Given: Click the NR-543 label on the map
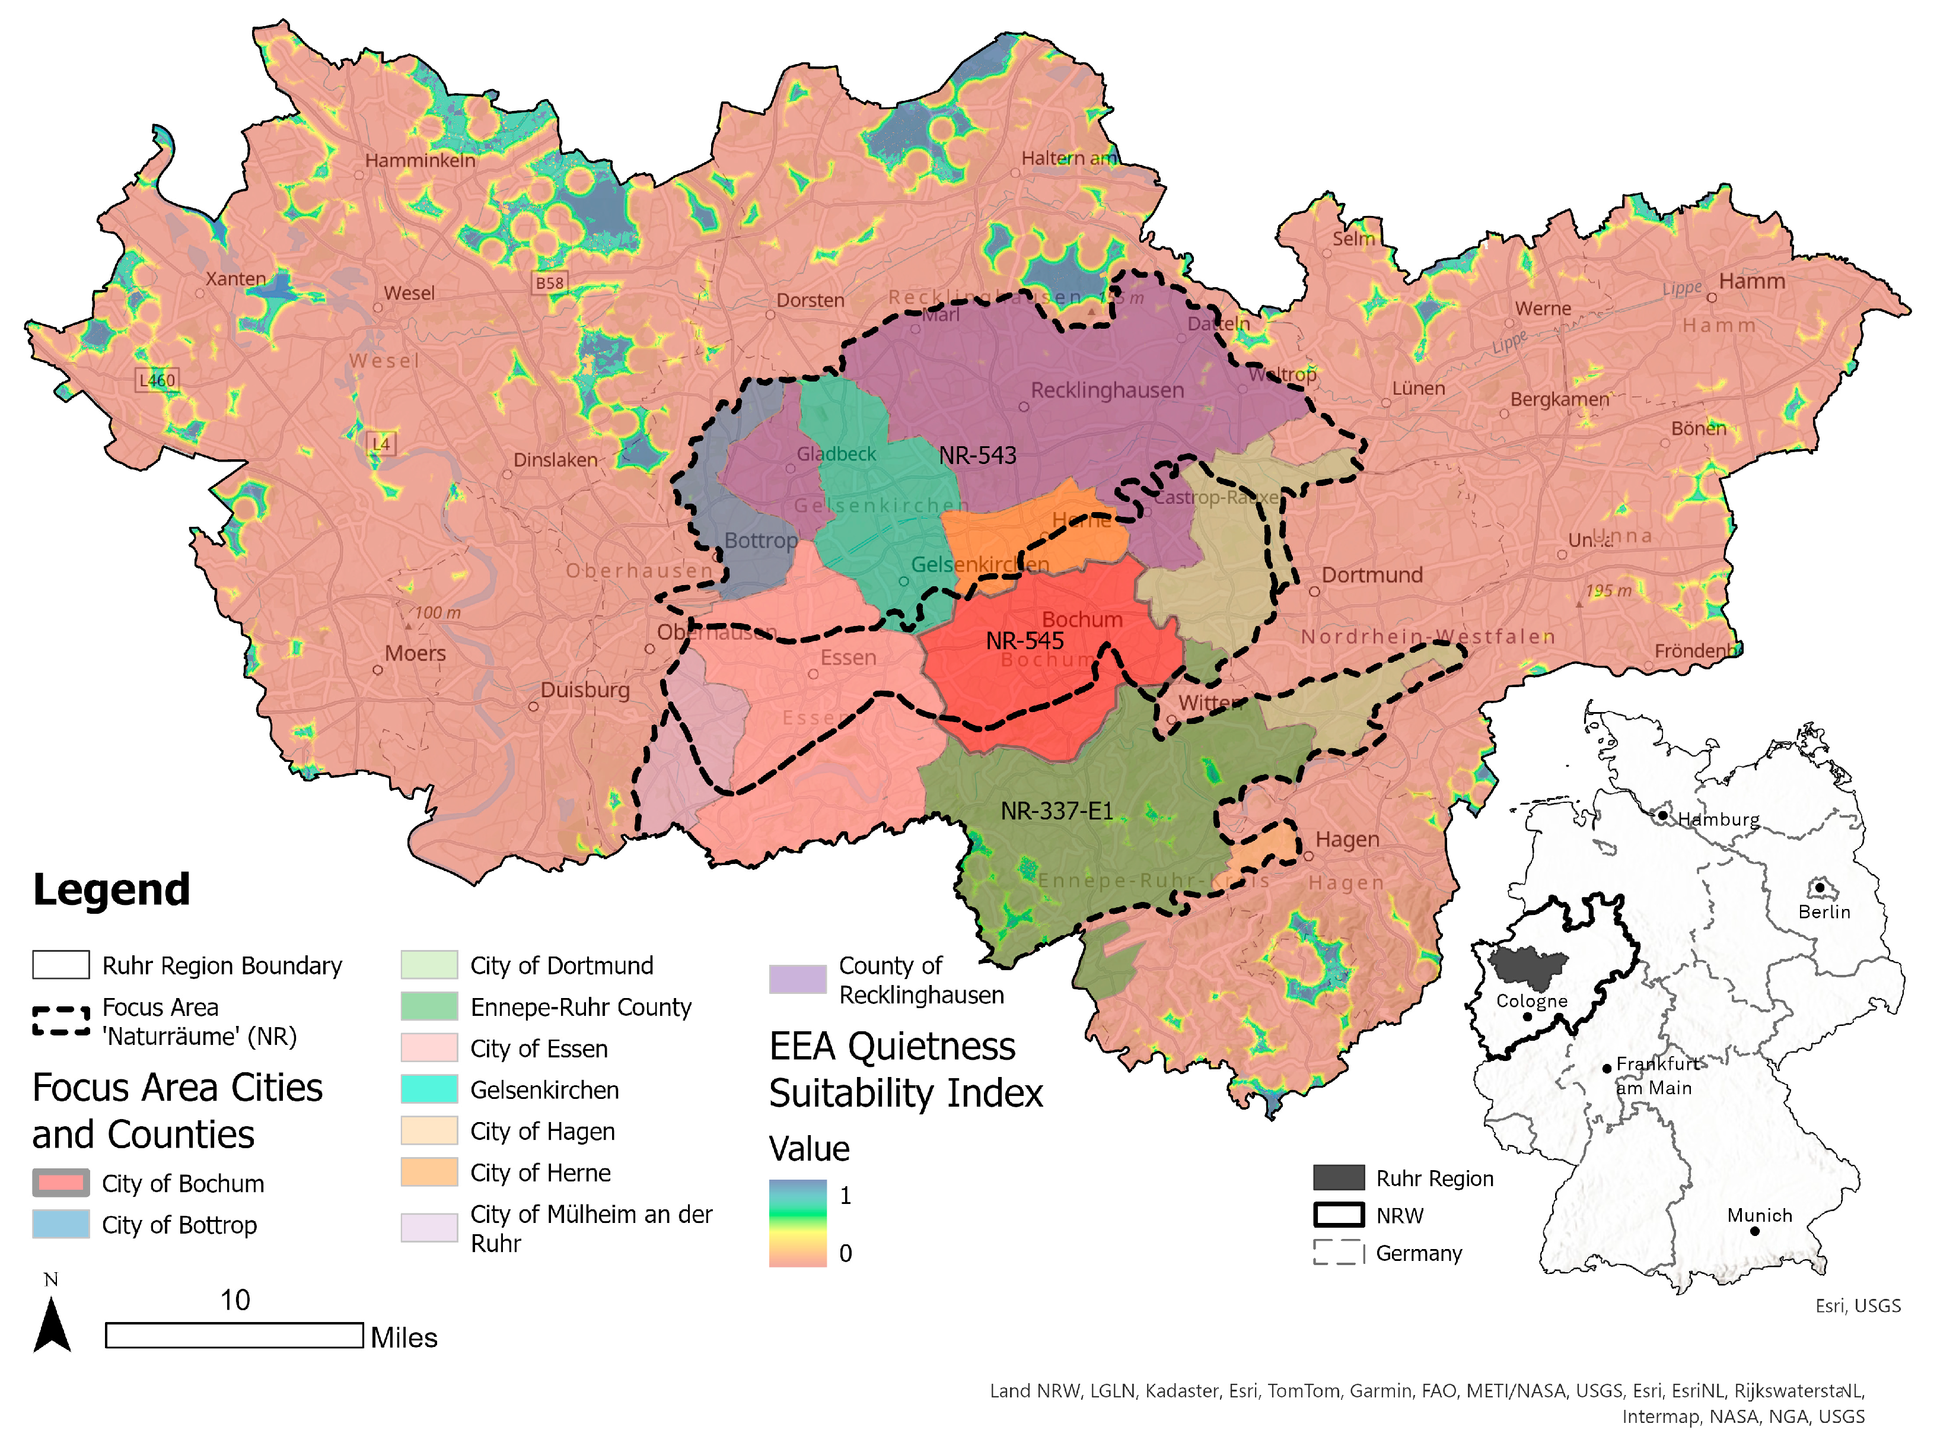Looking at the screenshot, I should tap(977, 455).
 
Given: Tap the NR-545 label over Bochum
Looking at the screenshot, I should tap(1024, 641).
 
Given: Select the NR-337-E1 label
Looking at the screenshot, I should tap(1056, 811).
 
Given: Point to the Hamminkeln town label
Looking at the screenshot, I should tap(420, 160).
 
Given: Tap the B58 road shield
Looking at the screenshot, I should tap(549, 283).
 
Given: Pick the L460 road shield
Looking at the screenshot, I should tap(157, 380).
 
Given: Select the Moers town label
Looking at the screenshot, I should tap(415, 653).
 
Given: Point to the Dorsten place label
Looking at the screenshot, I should tap(810, 300).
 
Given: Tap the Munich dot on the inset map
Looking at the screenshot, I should tap(1754, 1231).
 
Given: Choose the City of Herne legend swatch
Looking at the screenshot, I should tap(429, 1172).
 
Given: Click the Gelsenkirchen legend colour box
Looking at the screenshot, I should tap(429, 1089).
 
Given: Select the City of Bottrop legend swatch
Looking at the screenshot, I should tap(60, 1224).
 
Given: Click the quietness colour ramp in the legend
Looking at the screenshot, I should tap(797, 1223).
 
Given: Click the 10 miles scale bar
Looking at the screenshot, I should tap(234, 1335).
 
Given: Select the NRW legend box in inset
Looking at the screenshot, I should tap(1338, 1215).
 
